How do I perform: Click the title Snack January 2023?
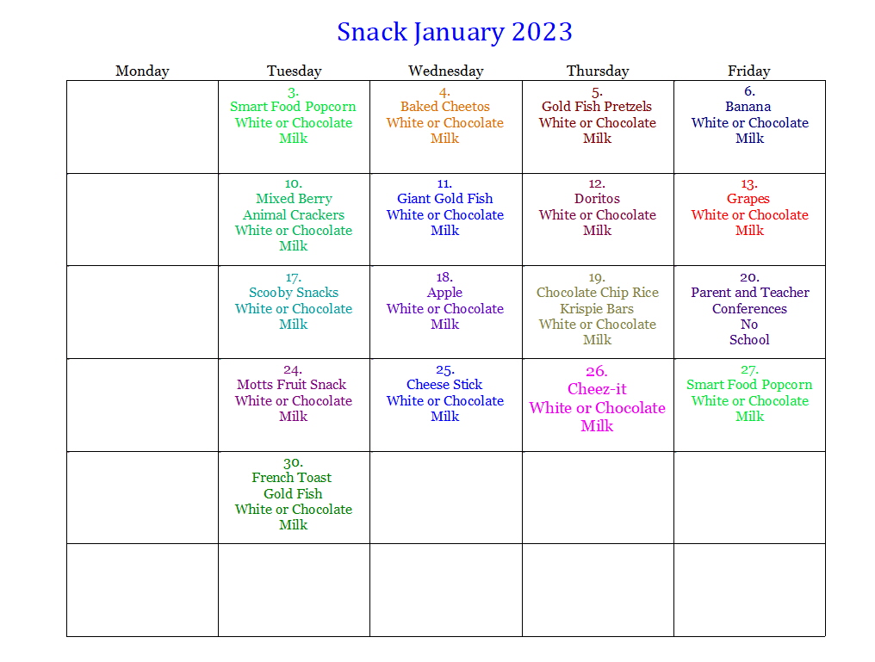click(454, 33)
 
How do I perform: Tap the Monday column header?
click(142, 71)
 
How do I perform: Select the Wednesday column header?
click(446, 71)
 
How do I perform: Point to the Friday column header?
click(749, 71)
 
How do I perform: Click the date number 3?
click(294, 92)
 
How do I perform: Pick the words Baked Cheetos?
click(444, 107)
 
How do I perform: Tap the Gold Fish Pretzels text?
click(597, 107)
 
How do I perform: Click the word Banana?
click(748, 107)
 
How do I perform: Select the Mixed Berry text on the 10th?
click(294, 199)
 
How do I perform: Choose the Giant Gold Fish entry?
click(444, 199)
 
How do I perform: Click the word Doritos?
click(597, 199)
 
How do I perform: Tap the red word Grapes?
click(748, 199)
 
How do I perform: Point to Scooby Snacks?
click(294, 293)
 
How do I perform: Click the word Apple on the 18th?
click(444, 293)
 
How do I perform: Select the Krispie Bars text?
click(597, 309)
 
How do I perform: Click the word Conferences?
click(749, 309)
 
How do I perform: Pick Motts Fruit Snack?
click(291, 385)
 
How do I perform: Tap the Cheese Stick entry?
click(444, 385)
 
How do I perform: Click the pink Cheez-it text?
click(597, 389)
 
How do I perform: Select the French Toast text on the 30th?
click(291, 478)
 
